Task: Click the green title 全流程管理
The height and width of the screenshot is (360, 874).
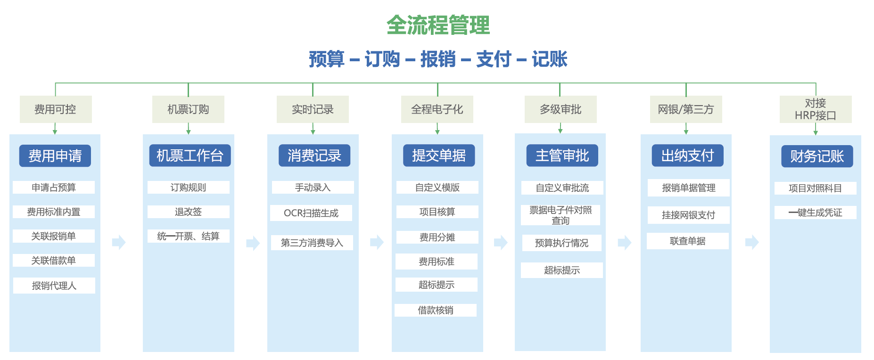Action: (x=438, y=25)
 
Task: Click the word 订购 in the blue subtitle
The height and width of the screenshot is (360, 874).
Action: (x=382, y=59)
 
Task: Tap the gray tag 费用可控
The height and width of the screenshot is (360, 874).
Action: (x=56, y=109)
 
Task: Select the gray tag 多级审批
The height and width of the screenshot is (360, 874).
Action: (x=561, y=109)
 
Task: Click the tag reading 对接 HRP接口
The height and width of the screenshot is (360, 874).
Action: (x=816, y=109)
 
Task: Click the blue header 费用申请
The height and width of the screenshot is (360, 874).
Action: (x=55, y=155)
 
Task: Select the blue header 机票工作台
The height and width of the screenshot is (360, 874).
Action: (x=190, y=155)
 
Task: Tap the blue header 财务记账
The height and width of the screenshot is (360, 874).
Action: (x=817, y=156)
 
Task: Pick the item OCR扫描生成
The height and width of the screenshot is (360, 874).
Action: (x=311, y=213)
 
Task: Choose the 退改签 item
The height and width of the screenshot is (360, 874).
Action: (x=189, y=212)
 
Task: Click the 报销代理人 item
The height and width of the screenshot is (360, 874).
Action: (x=54, y=286)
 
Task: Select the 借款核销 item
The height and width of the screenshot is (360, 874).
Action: (x=436, y=310)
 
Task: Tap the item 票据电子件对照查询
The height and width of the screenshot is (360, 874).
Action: (x=561, y=215)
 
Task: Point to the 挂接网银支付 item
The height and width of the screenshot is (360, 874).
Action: (x=689, y=215)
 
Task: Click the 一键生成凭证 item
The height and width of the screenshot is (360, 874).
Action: (x=816, y=213)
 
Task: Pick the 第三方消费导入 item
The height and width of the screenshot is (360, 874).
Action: (x=312, y=243)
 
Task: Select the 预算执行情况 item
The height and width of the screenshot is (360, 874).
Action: (x=562, y=243)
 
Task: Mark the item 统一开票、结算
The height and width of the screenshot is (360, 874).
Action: (x=189, y=236)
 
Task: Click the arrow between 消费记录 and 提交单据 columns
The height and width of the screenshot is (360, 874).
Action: (x=377, y=242)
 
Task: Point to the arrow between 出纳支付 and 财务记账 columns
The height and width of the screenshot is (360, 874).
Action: (x=752, y=242)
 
